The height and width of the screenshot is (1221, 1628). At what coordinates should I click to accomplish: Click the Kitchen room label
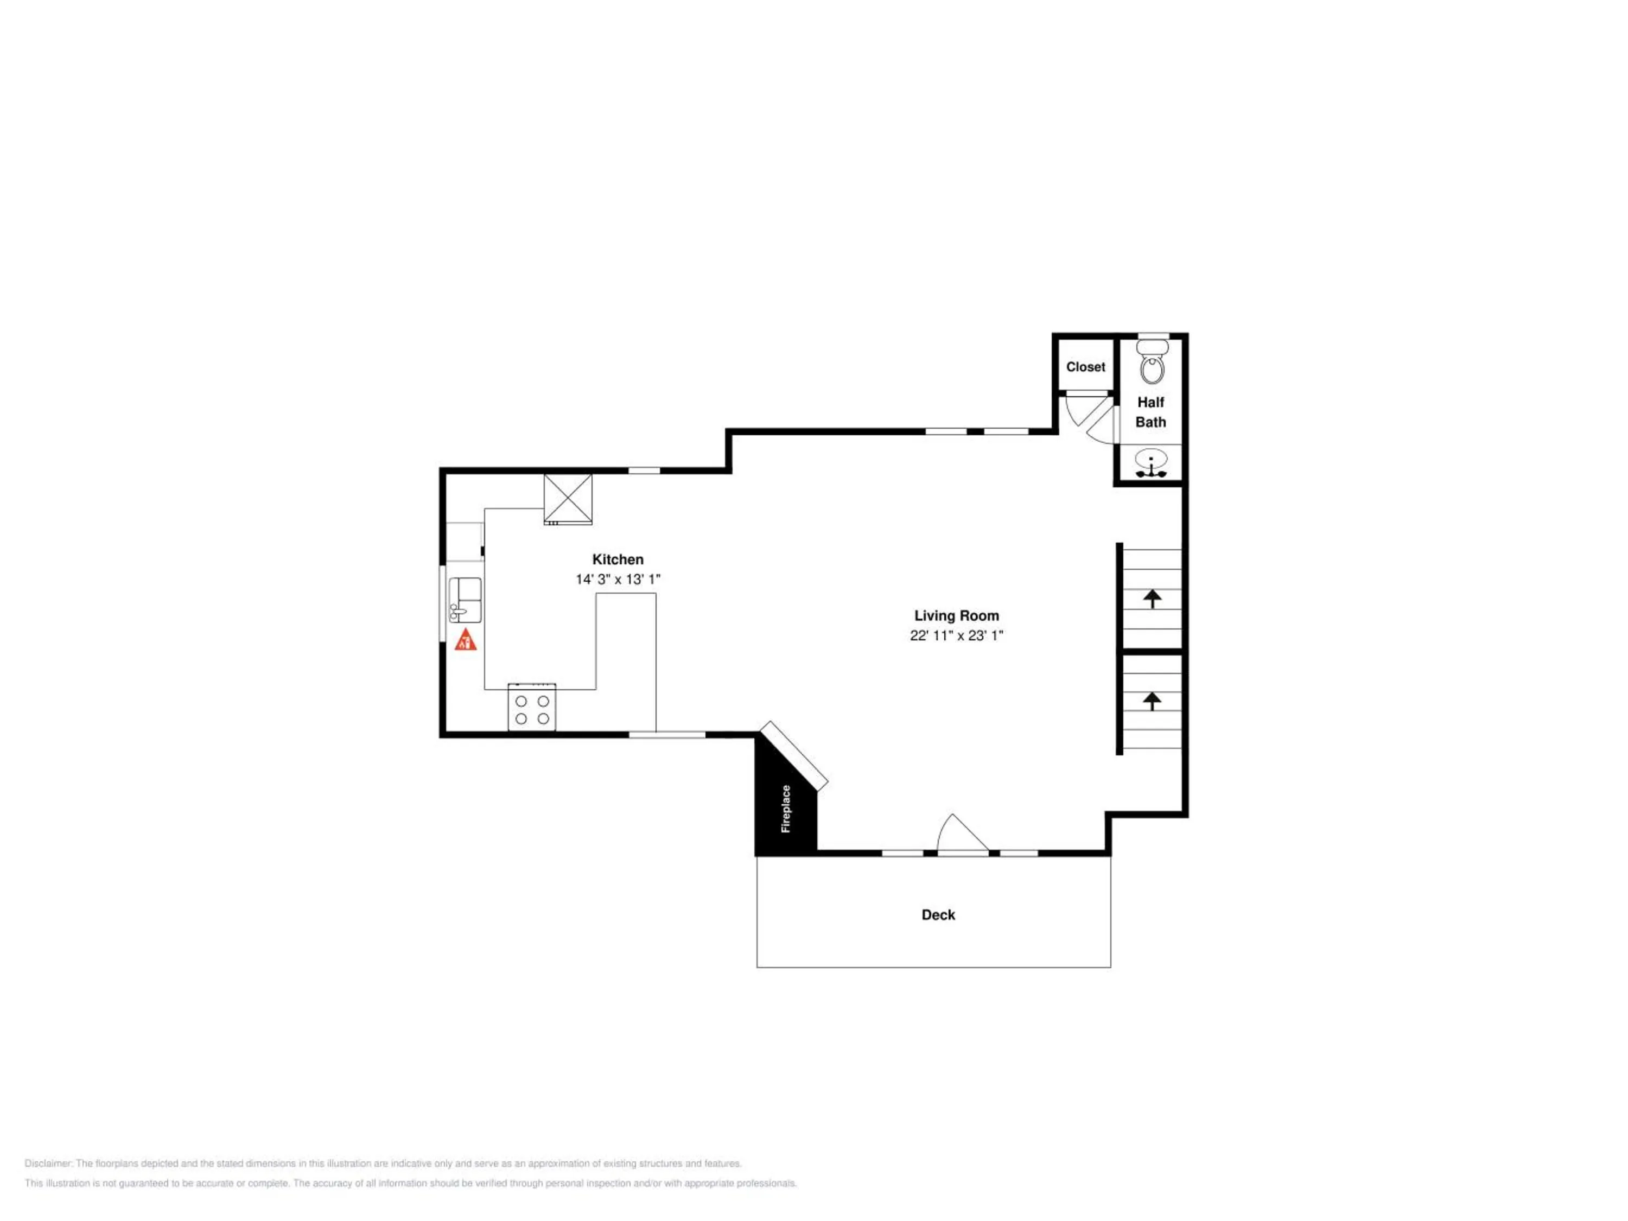[x=618, y=559]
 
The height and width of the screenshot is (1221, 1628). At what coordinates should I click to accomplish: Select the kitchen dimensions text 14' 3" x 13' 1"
[x=618, y=579]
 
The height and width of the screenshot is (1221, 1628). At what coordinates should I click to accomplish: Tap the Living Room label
[x=956, y=615]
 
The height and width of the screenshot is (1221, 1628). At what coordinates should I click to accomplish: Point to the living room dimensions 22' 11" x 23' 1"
[x=956, y=635]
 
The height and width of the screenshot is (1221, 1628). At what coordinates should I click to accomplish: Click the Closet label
[x=1085, y=366]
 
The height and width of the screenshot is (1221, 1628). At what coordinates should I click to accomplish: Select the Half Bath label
[x=1150, y=412]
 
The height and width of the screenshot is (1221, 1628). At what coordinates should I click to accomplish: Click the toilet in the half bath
[x=1153, y=362]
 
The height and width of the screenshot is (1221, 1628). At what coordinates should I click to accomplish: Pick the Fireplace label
[x=785, y=809]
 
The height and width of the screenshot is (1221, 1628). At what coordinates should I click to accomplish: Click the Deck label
[x=938, y=915]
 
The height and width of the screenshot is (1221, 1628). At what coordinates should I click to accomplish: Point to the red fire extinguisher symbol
[x=465, y=640]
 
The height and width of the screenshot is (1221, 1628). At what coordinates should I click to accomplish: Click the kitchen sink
[x=465, y=600]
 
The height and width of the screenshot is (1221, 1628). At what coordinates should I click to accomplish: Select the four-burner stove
[x=531, y=707]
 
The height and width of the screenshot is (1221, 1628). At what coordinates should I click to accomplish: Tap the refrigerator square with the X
[x=568, y=499]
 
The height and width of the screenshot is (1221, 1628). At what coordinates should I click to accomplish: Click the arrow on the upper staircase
[x=1152, y=599]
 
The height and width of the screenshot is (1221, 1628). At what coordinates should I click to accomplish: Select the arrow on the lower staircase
[x=1152, y=701]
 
